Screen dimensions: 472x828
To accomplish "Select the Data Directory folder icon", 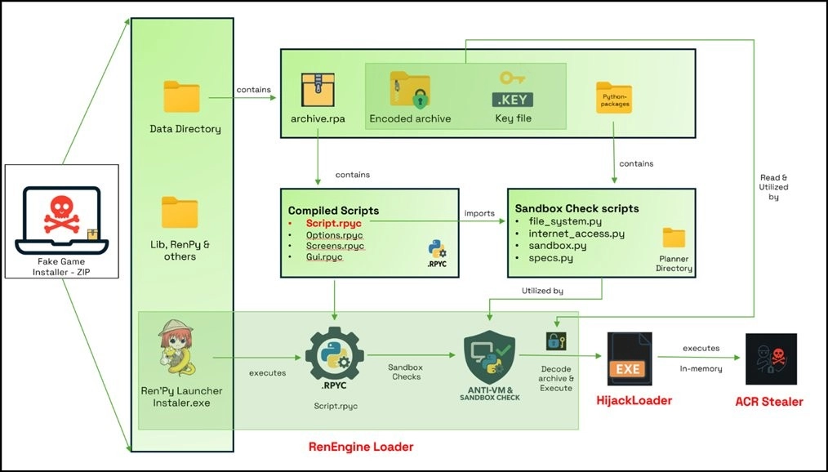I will point(181,96).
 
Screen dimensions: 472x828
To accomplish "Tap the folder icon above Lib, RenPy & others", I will point(180,212).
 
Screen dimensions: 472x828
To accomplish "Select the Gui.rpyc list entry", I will point(324,258).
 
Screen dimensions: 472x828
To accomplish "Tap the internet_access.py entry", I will point(576,234).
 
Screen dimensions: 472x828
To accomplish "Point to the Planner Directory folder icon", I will point(674,238).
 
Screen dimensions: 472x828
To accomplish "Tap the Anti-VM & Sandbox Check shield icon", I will point(490,358).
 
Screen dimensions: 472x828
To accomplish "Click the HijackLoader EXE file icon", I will point(629,359).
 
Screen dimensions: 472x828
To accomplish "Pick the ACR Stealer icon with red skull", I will point(771,359).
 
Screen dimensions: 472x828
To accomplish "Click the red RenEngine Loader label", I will point(360,447).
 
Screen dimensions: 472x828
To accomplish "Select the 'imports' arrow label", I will point(479,214).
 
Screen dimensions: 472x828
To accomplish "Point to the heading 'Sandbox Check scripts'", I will point(576,209).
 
